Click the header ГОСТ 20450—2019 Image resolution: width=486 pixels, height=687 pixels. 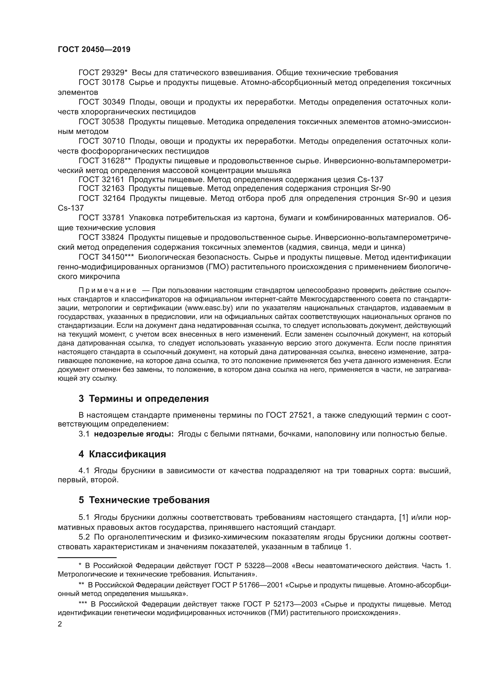pyautogui.click(x=94, y=50)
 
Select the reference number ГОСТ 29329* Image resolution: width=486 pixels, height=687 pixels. pyautogui.click(x=103, y=73)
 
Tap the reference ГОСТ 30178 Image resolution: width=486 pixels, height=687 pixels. pyautogui.click(x=101, y=83)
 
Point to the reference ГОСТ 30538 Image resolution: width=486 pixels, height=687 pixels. pyautogui.click(x=101, y=122)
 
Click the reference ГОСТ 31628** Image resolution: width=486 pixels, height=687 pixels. pyautogui.click(x=104, y=161)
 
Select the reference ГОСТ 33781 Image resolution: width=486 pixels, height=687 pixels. pyautogui.click(x=101, y=218)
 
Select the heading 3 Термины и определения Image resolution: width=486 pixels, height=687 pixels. pyautogui.click(x=144, y=399)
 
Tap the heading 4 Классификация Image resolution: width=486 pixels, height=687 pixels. pyautogui.click(x=122, y=454)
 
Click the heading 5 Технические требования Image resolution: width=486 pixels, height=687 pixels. pyautogui.click(x=144, y=500)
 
